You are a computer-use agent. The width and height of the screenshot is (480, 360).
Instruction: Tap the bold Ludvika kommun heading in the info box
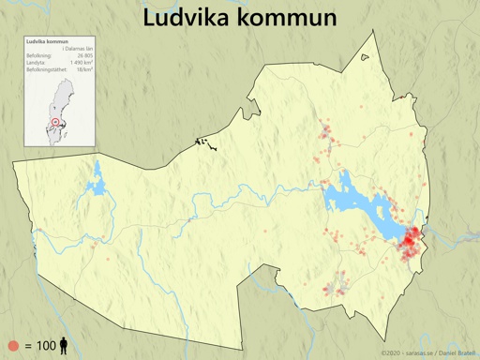click(47, 42)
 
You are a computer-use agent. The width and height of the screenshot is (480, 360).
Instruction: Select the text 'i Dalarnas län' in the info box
click(78, 50)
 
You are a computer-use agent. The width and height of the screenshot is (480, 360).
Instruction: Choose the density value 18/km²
click(84, 69)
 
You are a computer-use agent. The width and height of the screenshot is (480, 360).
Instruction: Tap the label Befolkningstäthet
click(45, 69)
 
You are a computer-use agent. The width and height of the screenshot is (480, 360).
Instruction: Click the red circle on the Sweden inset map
click(55, 122)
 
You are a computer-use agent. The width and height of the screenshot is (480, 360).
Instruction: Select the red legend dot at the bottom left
click(13, 346)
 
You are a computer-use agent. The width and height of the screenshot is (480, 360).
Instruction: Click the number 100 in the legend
click(46, 346)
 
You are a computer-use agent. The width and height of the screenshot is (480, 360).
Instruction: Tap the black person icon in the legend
click(64, 346)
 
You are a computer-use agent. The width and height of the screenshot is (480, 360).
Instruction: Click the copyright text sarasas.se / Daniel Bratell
click(421, 352)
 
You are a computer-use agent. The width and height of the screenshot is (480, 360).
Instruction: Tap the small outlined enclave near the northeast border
click(365, 57)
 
